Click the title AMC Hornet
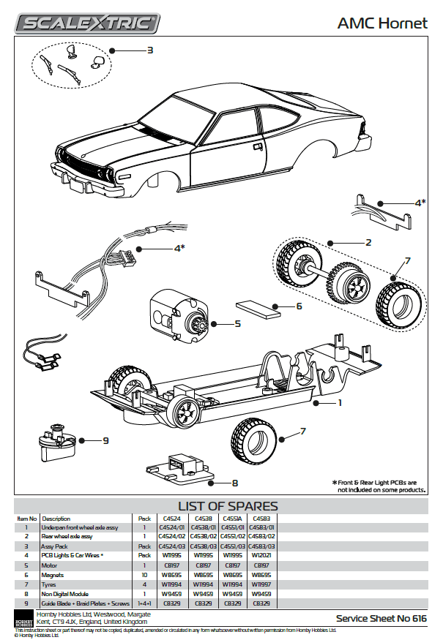point(381,23)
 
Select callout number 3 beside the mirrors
point(149,50)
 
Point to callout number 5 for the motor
point(237,323)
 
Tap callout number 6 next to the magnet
point(298,306)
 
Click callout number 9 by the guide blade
point(105,441)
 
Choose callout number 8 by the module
point(234,483)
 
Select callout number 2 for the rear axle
point(368,242)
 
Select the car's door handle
point(258,146)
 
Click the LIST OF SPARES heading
point(228,505)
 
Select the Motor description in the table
point(51,565)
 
